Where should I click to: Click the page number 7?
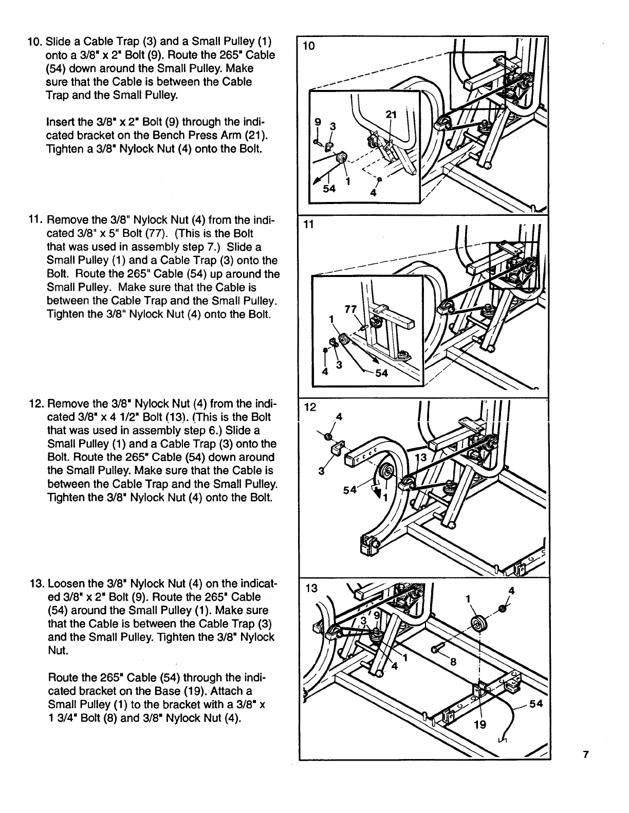(x=585, y=755)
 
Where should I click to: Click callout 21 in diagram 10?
(x=391, y=116)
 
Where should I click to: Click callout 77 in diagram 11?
(x=350, y=309)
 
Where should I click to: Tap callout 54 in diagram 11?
(x=381, y=373)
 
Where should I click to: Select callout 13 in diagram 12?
(x=421, y=458)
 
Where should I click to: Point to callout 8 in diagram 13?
(x=453, y=662)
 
